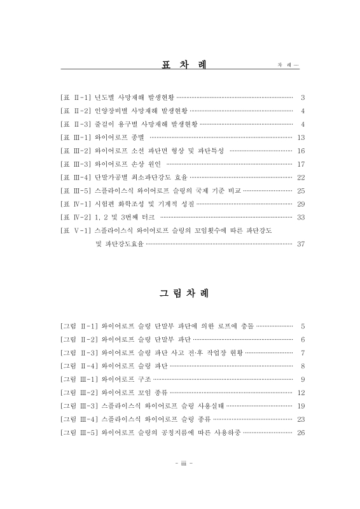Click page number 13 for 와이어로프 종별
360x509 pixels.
pos(301,137)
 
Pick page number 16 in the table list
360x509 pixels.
pos(301,150)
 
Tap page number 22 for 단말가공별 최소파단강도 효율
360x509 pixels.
pos(301,177)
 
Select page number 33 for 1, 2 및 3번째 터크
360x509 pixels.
pos(301,217)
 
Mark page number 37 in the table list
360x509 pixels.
pos(301,243)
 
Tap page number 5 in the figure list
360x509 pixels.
pos(303,325)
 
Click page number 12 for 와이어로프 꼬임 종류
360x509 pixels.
pos(301,392)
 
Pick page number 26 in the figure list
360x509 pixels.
pos(301,432)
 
